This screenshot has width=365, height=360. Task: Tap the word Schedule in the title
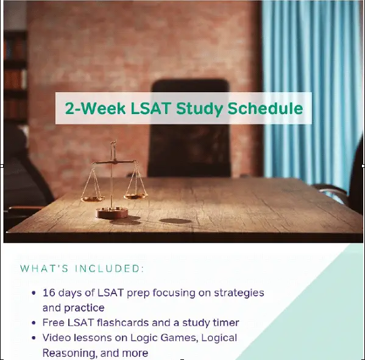(265, 108)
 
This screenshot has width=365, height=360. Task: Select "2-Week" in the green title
(96, 108)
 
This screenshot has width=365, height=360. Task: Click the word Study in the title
(199, 109)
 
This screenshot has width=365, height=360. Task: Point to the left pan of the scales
(93, 199)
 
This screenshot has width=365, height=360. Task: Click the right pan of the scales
(135, 196)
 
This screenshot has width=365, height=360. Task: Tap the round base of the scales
(113, 212)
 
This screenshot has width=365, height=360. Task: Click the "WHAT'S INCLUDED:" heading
(82, 268)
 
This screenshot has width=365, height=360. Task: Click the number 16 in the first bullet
(49, 293)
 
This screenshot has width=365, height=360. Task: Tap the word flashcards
(122, 323)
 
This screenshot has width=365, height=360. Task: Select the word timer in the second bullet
(226, 323)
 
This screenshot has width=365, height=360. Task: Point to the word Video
(57, 338)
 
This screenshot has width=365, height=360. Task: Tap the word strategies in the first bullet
(239, 293)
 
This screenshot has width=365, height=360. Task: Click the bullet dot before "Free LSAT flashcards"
(34, 323)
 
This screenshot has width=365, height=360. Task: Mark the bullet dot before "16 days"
(34, 293)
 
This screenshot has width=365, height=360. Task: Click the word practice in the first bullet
(84, 308)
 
